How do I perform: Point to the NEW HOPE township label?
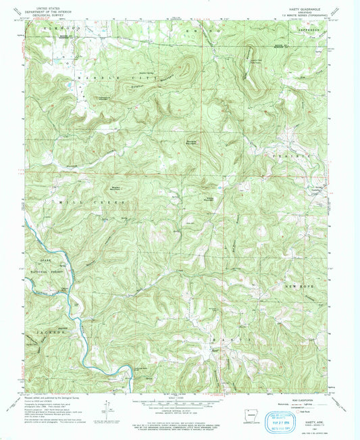303,287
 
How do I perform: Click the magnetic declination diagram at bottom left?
109,414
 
